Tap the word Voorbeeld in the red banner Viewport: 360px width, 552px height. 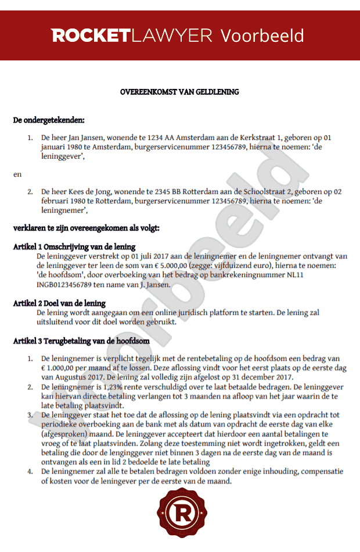262,35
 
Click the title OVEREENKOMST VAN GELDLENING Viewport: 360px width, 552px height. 179,92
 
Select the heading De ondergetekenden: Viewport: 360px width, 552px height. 49,120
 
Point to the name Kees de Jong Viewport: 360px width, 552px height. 88,191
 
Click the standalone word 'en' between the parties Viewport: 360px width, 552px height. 17,174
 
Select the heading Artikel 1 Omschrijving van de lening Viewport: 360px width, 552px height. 74,247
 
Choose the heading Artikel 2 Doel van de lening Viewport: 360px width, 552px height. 59,303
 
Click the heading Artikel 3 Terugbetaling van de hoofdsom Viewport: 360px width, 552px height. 81,341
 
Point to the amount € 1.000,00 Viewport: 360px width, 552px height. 66,368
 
